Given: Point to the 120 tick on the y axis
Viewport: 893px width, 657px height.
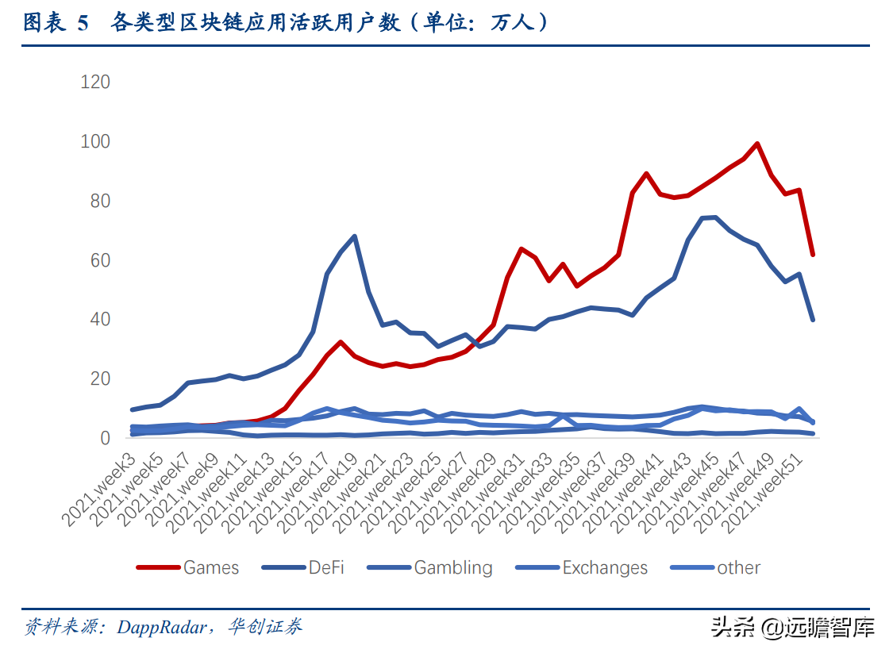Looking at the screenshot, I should point(95,82).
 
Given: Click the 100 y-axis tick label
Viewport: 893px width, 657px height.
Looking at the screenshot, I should point(95,141).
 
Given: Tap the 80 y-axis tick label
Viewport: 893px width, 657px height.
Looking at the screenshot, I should point(101,201).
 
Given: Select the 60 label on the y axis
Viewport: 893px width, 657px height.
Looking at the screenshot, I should point(101,260).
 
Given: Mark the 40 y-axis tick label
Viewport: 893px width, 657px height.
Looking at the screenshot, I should point(101,319).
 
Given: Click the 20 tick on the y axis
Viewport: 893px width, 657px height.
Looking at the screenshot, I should point(101,378).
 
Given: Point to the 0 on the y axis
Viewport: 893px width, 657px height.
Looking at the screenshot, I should point(106,438).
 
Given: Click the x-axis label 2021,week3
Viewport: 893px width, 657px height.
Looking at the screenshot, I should point(101,486).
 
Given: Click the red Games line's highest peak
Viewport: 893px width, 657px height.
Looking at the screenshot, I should point(757,144).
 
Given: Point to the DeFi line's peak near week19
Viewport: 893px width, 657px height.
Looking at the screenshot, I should point(354,236).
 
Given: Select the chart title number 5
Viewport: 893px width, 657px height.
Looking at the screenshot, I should point(83,24).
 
